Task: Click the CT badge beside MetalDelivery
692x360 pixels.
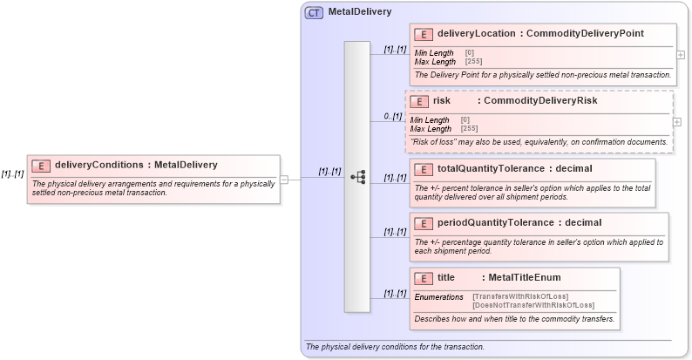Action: [x=314, y=12]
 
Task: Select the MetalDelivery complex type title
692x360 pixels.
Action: [x=360, y=12]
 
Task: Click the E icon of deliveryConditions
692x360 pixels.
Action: [x=41, y=166]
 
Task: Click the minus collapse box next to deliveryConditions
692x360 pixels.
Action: [x=284, y=179]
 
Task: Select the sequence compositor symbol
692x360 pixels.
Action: [x=357, y=177]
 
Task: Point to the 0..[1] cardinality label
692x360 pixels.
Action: [x=393, y=116]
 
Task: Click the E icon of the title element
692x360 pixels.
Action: [x=423, y=278]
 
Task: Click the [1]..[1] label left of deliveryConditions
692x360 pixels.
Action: [x=12, y=173]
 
